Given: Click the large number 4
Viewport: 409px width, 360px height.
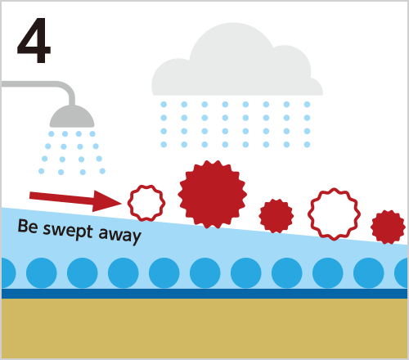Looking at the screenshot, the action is click(34, 41).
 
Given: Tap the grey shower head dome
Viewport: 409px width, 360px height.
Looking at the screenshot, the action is click(72, 116).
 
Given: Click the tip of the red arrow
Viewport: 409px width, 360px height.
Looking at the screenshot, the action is click(122, 203).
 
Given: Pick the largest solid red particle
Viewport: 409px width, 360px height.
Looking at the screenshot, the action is click(212, 195).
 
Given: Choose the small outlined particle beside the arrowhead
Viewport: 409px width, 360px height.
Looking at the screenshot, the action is click(146, 203).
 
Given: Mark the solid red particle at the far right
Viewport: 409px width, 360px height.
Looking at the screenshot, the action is click(388, 227).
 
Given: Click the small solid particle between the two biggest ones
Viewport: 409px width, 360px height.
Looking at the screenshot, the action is click(276, 216).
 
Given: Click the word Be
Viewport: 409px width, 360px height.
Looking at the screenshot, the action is click(28, 227).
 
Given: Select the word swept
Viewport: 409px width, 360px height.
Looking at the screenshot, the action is click(68, 232).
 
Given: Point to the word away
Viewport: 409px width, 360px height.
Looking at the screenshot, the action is click(120, 235).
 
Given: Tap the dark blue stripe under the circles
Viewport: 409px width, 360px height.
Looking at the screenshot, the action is click(204, 294).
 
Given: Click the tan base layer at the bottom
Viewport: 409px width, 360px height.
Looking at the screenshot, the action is click(204, 328).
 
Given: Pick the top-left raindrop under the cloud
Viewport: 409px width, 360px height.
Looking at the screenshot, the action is click(164, 104).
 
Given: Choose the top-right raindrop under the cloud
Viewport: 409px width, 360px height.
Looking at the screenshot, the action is click(307, 104).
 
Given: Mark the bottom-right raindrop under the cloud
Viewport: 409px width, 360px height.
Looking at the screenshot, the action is click(307, 145).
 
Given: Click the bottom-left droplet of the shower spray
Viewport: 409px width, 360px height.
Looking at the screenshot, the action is click(42, 171).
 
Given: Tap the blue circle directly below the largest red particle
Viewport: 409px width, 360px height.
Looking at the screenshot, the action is click(205, 272).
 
